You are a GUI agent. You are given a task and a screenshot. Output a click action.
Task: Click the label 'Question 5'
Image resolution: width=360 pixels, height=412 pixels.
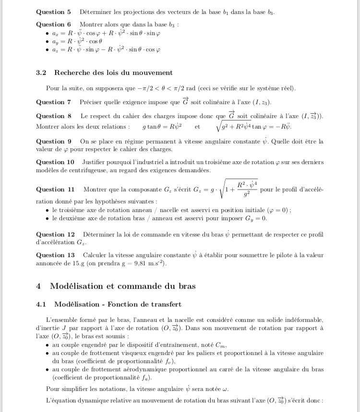[53, 12]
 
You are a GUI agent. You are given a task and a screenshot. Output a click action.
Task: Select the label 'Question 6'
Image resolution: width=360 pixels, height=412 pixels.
[53, 24]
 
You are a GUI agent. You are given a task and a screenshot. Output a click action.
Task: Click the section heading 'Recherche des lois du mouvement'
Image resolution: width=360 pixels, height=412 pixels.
[113, 73]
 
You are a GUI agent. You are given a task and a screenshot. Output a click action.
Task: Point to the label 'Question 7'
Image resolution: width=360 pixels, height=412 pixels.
[53, 102]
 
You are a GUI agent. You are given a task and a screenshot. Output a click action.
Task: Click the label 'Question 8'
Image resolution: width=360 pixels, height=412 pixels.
[53, 116]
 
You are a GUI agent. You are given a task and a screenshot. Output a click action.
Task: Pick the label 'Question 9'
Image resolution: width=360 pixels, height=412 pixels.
[53, 141]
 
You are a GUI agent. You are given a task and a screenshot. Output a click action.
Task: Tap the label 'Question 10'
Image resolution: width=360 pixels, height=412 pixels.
[55, 163]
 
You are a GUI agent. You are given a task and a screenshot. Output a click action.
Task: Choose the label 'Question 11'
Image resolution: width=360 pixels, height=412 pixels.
[55, 190]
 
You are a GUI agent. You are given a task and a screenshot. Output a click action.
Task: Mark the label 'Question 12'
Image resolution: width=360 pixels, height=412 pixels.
[55, 235]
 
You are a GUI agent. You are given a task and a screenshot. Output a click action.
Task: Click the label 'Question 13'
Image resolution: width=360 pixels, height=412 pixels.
[55, 255]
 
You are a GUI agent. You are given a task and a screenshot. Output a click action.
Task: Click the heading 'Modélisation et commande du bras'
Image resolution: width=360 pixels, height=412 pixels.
[123, 286]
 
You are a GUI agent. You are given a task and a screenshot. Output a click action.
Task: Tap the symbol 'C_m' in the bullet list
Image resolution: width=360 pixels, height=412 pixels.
[220, 345]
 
